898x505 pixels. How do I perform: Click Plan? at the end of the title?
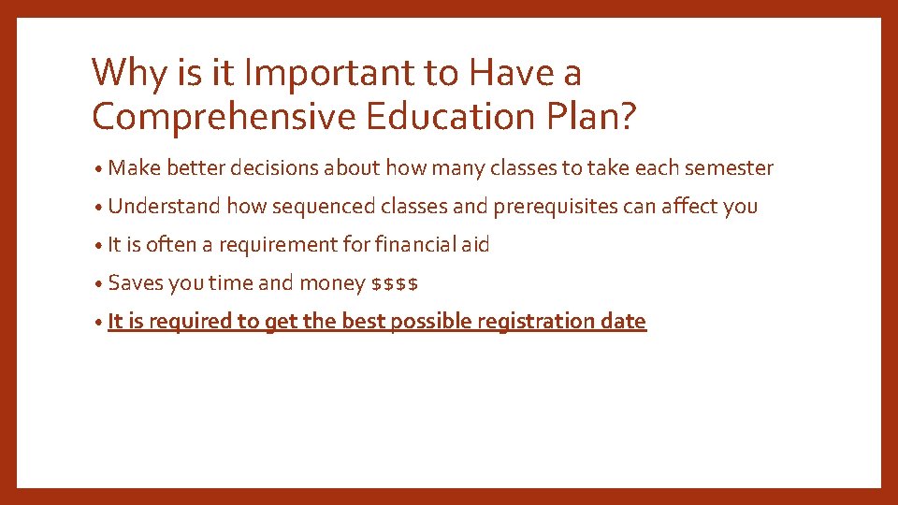[599, 117]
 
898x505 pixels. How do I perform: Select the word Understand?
[165, 206]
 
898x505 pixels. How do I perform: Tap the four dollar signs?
[395, 283]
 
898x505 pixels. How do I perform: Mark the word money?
[332, 283]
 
